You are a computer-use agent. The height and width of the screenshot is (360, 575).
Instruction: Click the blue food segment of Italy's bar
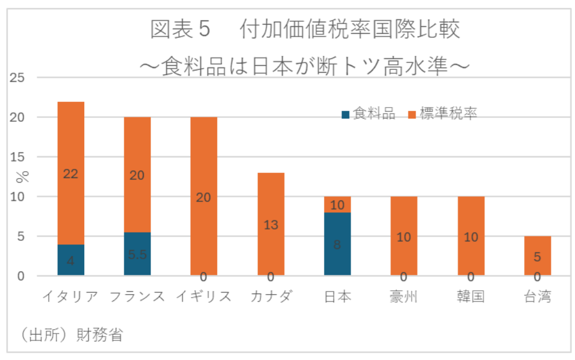(x=70, y=260)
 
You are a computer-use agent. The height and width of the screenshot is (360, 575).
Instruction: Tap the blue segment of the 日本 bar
(x=337, y=244)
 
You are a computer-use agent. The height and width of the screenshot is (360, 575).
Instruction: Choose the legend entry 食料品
(x=368, y=113)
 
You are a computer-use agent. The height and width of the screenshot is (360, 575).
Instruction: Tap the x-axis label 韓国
(x=471, y=296)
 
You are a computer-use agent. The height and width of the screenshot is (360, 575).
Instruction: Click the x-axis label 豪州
(x=404, y=296)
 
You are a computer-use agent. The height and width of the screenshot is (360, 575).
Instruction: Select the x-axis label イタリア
(x=70, y=296)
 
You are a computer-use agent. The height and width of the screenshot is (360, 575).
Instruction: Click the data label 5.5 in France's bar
(x=137, y=255)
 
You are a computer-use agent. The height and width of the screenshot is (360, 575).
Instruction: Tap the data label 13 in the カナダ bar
(x=271, y=225)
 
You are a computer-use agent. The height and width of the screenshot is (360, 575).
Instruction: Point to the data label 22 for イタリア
(x=70, y=174)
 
